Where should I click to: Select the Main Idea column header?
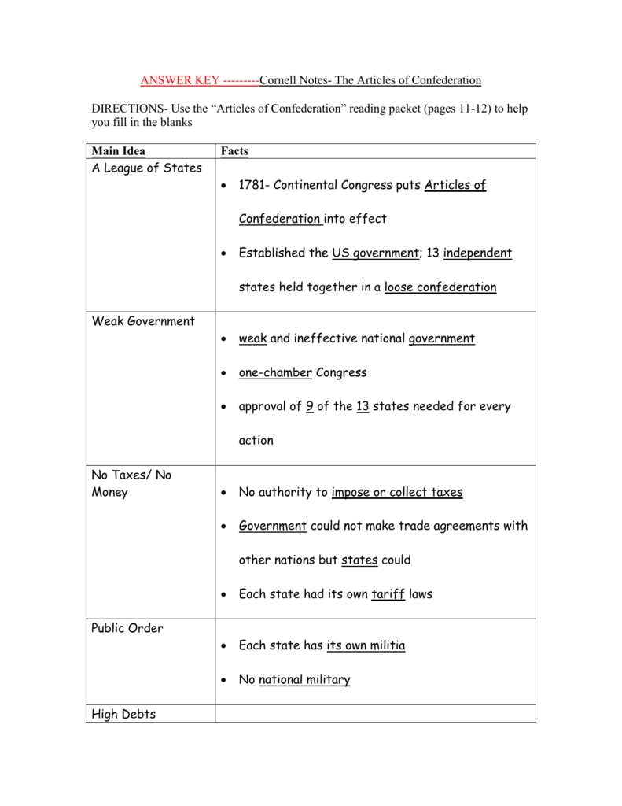(119, 151)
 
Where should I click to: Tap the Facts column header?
(234, 151)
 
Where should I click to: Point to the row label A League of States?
(147, 168)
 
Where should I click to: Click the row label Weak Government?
(143, 321)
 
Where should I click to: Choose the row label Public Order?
(127, 628)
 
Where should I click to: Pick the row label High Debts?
(123, 715)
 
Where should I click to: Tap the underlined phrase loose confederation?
(440, 287)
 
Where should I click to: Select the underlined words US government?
(375, 253)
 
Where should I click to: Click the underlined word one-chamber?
(275, 372)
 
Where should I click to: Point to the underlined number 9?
(310, 407)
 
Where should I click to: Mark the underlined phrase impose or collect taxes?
(397, 492)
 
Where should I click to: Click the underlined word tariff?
(388, 594)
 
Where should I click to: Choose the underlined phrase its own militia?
(366, 645)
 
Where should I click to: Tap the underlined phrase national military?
(304, 680)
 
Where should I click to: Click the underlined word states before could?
(359, 560)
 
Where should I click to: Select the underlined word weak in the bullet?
(252, 338)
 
